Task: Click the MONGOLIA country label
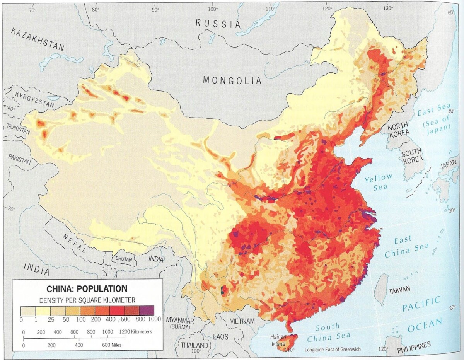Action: pos(232,80)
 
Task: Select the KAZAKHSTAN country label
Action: pos(38,40)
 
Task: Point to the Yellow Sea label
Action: pos(379,182)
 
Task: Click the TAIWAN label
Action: pos(399,291)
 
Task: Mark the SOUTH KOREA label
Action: pos(413,157)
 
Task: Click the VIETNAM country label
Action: pos(242,321)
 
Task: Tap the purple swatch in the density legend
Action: pos(147,310)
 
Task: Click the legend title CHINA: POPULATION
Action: pos(87,289)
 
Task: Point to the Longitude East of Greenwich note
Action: pos(333,350)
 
